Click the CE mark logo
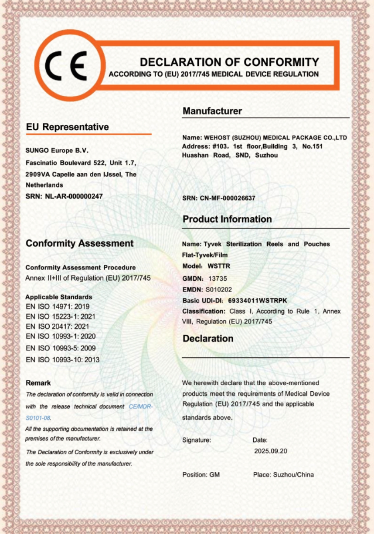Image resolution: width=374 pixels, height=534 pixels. coord(68,65)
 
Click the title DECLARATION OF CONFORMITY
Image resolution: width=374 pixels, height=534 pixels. coord(229,62)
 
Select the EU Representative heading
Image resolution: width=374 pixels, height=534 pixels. coord(67,127)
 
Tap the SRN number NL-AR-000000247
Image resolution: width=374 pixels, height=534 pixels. coord(74,196)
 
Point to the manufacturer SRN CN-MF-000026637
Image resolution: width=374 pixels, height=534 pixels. coord(228,198)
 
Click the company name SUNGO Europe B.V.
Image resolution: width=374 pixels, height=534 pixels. coord(57,151)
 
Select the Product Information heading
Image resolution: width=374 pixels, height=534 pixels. coord(227,219)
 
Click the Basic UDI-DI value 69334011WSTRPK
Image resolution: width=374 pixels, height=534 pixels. coord(258,300)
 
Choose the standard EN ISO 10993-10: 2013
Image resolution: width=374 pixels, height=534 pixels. coord(63,359)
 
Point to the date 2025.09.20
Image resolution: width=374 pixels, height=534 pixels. coord(271,451)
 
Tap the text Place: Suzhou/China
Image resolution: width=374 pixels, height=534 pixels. coord(283,474)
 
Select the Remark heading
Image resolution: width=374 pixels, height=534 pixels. coord(38,383)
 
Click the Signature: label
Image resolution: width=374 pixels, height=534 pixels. coord(197,440)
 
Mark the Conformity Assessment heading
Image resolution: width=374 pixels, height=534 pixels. coord(80,243)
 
